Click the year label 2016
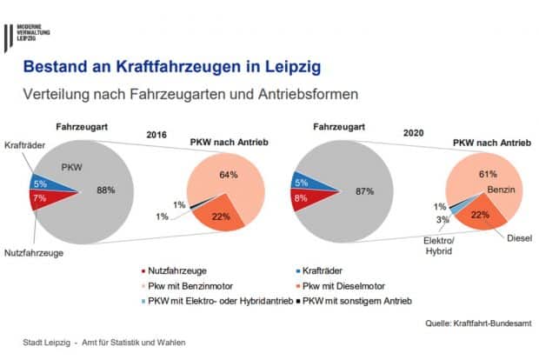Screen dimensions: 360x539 [x=156, y=137]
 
